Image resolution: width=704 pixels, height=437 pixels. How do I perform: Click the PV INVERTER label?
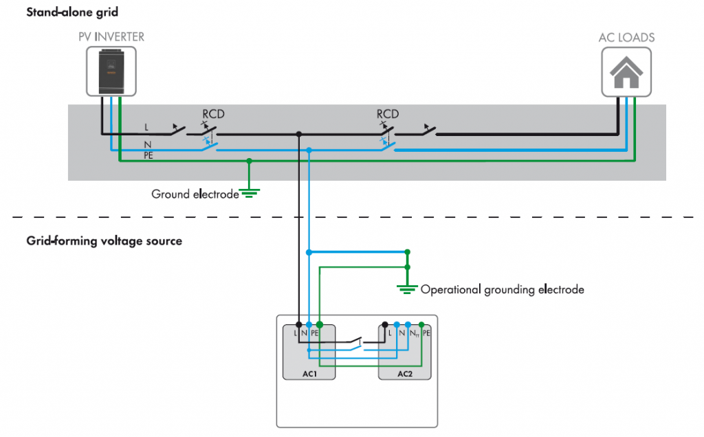(111, 36)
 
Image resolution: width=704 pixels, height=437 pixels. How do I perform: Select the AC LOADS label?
(626, 37)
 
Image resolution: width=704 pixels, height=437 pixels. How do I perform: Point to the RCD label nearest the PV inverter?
(213, 113)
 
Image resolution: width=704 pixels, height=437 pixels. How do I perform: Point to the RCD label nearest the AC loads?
(388, 113)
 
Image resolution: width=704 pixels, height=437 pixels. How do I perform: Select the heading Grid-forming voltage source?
(104, 241)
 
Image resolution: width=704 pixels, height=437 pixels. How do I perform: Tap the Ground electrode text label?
(195, 194)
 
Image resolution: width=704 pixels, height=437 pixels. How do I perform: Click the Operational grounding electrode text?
(502, 290)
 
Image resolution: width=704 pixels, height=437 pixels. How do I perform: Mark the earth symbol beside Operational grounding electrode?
(408, 287)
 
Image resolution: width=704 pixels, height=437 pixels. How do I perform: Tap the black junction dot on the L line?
(298, 134)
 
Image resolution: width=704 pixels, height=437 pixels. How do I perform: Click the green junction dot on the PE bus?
(249, 161)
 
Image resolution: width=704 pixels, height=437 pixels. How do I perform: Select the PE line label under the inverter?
(148, 156)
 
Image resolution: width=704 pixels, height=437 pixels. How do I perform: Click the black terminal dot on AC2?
(385, 323)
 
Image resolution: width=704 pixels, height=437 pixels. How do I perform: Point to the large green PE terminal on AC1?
(320, 323)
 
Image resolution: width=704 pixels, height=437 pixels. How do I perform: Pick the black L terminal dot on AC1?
(298, 323)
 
